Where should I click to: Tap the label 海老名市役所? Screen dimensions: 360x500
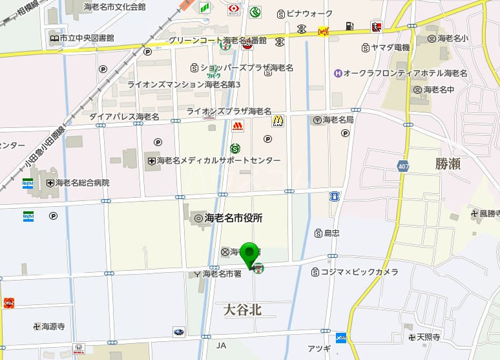pos(233,218)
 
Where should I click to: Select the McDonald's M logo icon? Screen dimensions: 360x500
pos(278,120)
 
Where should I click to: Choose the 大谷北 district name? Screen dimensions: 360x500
pos(242,310)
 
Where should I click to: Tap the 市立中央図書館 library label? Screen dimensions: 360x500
pos(87,38)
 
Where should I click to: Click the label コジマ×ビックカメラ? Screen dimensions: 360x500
pos(360,272)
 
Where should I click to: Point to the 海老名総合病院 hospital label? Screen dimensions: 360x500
pos(82,183)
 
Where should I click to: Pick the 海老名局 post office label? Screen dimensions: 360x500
pos(338,120)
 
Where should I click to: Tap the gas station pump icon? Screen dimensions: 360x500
pos(349,26)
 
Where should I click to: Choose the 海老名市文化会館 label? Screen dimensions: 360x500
pos(117,6)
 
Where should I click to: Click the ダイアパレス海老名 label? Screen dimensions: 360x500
pos(124,116)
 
